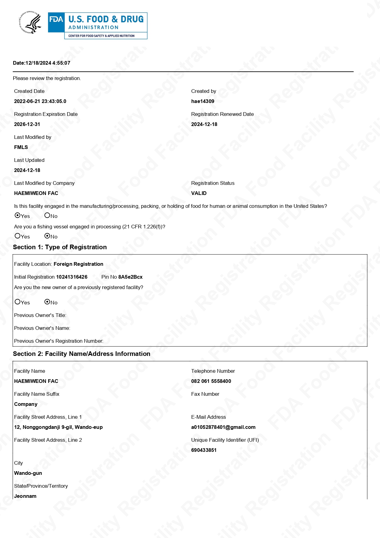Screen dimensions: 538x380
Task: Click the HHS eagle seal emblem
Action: (x=30, y=22)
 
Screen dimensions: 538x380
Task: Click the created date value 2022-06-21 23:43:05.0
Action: (x=40, y=101)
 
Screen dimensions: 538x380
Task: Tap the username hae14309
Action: (x=203, y=101)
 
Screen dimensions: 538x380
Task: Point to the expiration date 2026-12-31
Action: (x=27, y=124)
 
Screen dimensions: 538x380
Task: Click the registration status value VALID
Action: (x=199, y=193)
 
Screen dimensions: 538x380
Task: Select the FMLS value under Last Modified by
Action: (x=21, y=147)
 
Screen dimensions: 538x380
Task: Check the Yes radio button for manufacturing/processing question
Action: (x=17, y=216)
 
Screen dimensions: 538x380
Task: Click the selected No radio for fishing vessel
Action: (x=47, y=236)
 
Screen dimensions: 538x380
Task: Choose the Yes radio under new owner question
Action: (x=17, y=302)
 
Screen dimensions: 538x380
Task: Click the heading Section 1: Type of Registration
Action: (x=60, y=247)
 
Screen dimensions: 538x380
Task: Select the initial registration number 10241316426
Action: (x=72, y=277)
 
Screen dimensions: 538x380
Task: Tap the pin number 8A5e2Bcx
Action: (x=130, y=277)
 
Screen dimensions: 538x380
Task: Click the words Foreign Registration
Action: (x=78, y=264)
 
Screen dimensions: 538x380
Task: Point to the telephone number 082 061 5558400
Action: (x=211, y=381)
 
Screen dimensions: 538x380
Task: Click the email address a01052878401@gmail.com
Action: (x=223, y=427)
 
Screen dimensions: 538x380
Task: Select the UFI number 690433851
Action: (x=204, y=450)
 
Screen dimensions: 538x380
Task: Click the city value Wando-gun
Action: (x=28, y=473)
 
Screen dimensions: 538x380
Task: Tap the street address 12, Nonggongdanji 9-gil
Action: (x=58, y=427)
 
